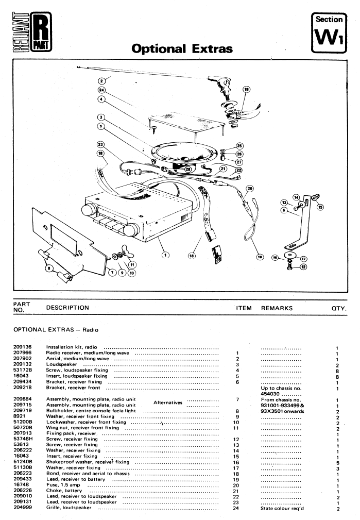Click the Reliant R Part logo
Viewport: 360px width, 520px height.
(32, 32)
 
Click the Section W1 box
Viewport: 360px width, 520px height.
(329, 32)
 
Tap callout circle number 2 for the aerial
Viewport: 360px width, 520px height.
(102, 80)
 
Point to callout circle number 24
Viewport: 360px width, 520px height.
(101, 90)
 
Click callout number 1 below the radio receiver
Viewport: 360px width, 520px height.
(165, 255)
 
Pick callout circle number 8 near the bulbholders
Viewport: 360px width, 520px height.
(49, 268)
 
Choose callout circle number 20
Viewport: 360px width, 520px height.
(250, 189)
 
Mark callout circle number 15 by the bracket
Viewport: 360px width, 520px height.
(320, 207)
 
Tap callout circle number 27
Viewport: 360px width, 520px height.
(239, 162)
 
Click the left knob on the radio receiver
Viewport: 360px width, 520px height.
(88, 210)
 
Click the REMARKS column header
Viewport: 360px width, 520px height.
(277, 308)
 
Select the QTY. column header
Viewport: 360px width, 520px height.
(339, 308)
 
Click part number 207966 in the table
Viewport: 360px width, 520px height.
(23, 353)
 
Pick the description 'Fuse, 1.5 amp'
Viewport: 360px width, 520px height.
(63, 485)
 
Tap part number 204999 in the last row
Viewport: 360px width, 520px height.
(23, 508)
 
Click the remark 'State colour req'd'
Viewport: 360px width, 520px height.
(282, 508)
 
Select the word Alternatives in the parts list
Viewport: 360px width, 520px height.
(168, 402)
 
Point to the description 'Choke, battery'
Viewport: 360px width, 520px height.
(64, 491)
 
